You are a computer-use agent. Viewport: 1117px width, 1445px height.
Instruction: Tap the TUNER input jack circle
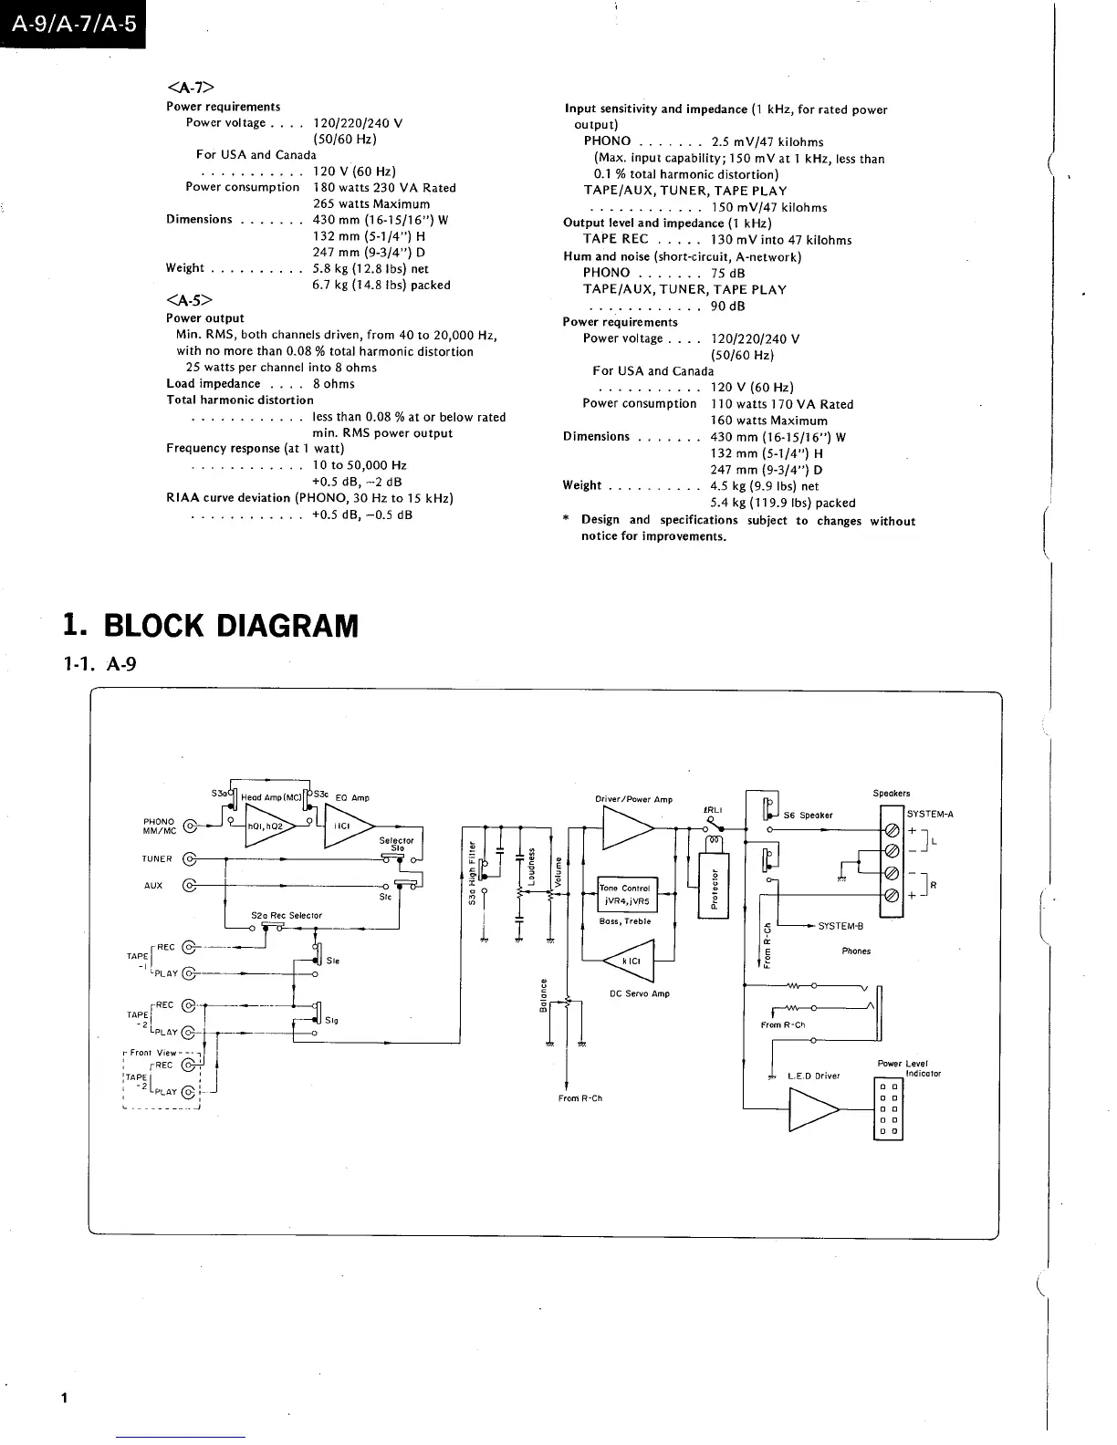click(x=190, y=858)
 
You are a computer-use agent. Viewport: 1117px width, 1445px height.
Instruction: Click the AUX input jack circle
click(x=190, y=885)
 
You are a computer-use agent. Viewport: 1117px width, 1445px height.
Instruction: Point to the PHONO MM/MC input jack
click(x=190, y=826)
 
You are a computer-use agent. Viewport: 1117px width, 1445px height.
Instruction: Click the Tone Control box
click(x=626, y=894)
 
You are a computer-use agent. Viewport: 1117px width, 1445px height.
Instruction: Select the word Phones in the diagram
click(x=856, y=951)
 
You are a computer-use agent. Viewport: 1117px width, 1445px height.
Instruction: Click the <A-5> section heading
click(x=190, y=300)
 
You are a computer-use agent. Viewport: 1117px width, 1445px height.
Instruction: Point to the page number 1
click(x=63, y=1398)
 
